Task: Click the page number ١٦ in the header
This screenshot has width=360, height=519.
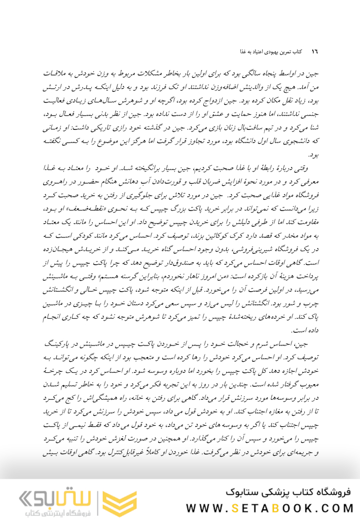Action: click(x=314, y=53)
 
